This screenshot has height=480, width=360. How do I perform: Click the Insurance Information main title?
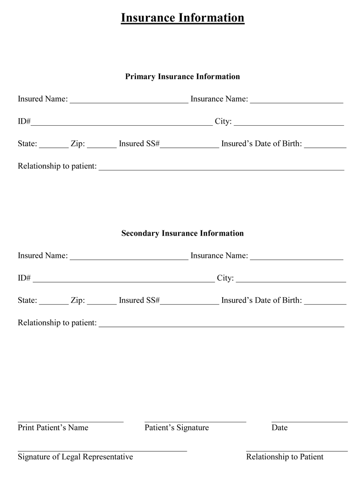pos(182,18)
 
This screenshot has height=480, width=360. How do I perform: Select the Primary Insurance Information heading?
pos(182,77)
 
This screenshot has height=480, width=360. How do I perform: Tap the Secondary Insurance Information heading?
pos(182,233)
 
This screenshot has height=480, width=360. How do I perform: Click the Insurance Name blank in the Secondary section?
pos(296,258)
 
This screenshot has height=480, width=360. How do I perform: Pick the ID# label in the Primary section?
pos(24,121)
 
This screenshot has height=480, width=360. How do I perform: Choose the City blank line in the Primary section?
pos(288,123)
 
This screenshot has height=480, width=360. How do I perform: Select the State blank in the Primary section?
pos(53,146)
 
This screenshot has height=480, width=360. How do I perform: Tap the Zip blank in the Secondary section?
pos(102,302)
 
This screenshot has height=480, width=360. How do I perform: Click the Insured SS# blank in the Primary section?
pos(189,146)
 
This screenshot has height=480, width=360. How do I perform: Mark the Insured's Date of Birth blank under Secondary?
pos(325,302)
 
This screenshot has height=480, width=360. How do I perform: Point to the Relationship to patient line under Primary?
pos(221,168)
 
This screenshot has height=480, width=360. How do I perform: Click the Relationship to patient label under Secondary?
pos(57,323)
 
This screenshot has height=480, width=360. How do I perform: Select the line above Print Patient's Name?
pos(71,421)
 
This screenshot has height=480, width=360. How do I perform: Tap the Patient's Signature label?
pos(177,428)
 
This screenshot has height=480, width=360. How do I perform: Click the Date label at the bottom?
pos(279,428)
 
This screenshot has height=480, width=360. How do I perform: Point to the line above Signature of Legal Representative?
pos(102,451)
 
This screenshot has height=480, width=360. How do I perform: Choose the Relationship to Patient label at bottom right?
pos(285,457)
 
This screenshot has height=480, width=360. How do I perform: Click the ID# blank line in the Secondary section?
pos(123,280)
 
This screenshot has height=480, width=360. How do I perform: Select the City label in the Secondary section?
pos(225,278)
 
